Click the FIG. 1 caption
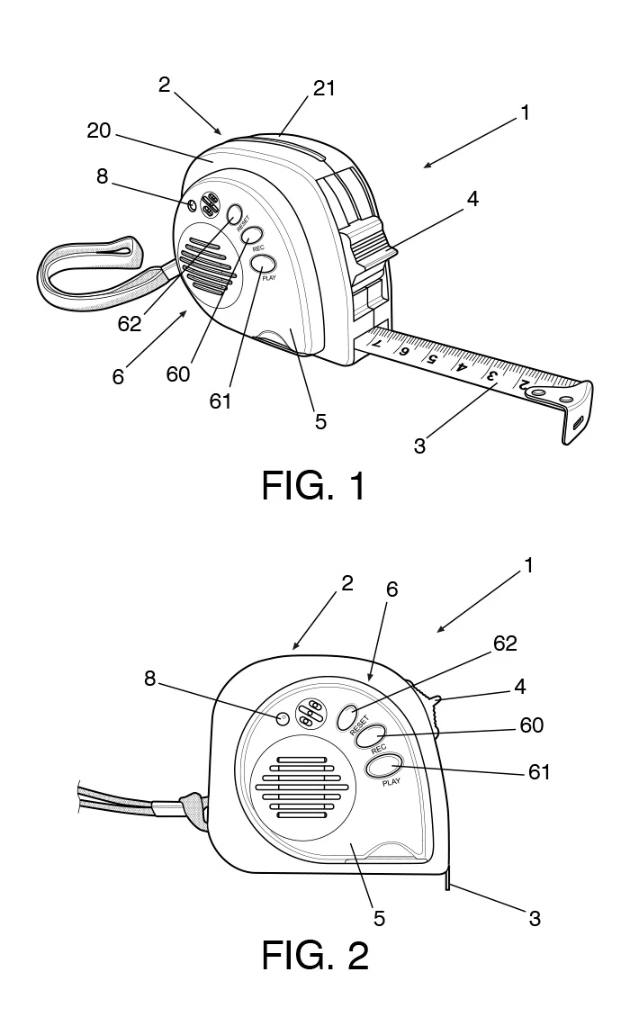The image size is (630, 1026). pyautogui.click(x=314, y=487)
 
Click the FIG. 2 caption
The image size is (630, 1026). pyautogui.click(x=314, y=955)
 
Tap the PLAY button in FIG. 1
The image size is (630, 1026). pyautogui.click(x=263, y=264)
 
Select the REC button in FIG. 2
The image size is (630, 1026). pyautogui.click(x=372, y=736)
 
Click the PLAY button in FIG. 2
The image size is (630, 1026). pyautogui.click(x=384, y=767)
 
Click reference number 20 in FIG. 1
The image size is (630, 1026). pyautogui.click(x=98, y=131)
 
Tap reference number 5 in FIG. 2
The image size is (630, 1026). pyautogui.click(x=379, y=918)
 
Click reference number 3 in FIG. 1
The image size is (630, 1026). pyautogui.click(x=419, y=445)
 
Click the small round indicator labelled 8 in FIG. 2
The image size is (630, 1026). pyautogui.click(x=282, y=718)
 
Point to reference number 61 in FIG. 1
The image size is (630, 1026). pyautogui.click(x=220, y=400)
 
